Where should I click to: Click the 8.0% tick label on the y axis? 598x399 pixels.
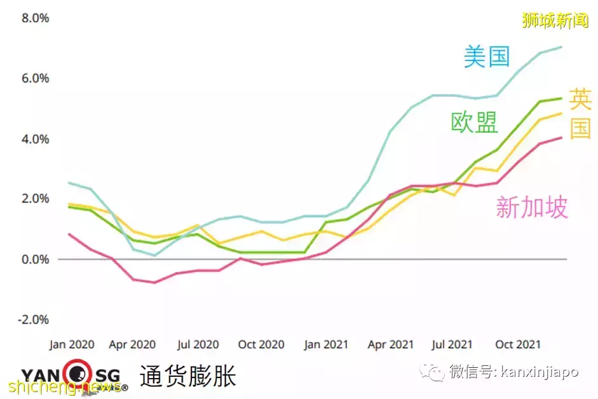[x=36, y=18]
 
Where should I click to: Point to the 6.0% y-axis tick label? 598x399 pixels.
[x=36, y=78]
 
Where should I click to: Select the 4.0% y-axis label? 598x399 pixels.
[x=36, y=139]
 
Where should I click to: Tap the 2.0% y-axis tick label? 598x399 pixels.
[x=36, y=199]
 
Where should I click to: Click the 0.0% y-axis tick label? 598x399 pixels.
[x=36, y=259]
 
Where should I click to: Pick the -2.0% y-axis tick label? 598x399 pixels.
[x=34, y=320]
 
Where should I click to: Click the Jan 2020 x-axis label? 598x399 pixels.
[x=72, y=344]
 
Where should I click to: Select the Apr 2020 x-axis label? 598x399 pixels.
[x=133, y=344]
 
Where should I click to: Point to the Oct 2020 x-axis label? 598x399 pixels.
[x=261, y=344]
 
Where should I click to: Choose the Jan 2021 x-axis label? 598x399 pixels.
[x=326, y=344]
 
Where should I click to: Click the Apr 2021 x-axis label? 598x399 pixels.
[x=391, y=344]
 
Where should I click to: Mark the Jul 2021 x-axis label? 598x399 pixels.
[x=452, y=344]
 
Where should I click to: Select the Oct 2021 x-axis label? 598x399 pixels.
[x=518, y=344]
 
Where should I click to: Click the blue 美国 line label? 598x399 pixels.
[x=487, y=57]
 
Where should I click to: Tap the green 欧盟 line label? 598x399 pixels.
[x=474, y=123]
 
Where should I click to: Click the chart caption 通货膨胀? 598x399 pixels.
[x=187, y=375]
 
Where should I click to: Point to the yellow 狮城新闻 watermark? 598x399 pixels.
[x=555, y=20]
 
